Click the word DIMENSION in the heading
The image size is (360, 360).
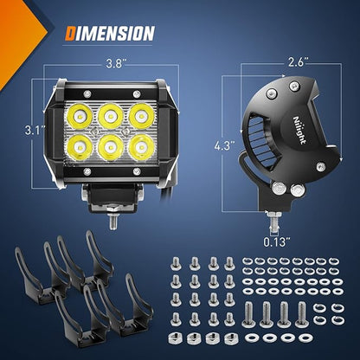click(x=110, y=33)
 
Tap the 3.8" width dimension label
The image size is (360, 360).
click(x=115, y=64)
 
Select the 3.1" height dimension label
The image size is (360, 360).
click(x=34, y=131)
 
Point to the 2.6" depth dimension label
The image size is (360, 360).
click(x=299, y=62)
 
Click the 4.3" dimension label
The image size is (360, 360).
click(x=224, y=146)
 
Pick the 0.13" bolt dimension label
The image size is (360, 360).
click(x=276, y=241)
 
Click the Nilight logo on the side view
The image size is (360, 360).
click(x=299, y=131)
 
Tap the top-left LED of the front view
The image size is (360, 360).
click(x=80, y=116)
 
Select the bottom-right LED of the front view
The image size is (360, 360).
click(x=141, y=147)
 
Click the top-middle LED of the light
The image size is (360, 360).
click(x=110, y=116)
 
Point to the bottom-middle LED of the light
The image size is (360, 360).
click(x=110, y=147)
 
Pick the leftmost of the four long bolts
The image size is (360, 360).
click(x=249, y=314)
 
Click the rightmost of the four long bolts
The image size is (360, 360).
click(x=301, y=314)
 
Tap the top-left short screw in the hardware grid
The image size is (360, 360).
click(x=176, y=264)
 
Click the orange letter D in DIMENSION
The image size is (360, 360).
click(x=70, y=33)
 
